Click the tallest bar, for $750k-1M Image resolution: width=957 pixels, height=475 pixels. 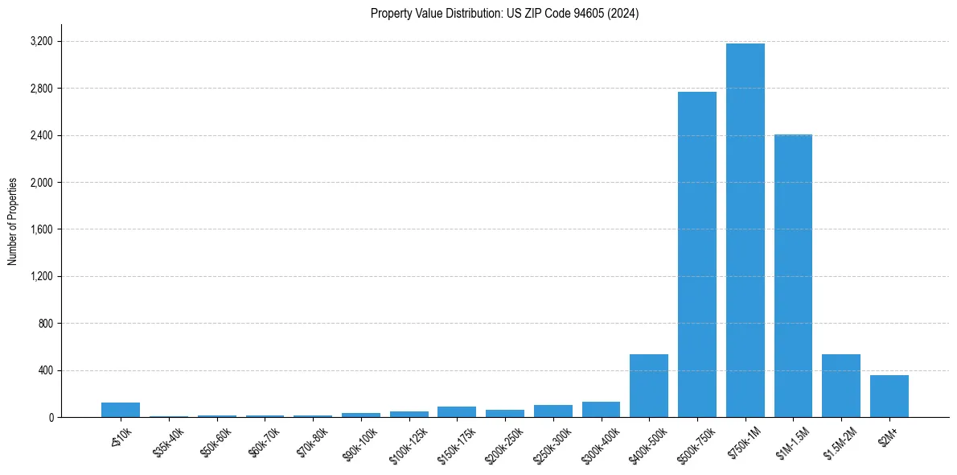coord(745,230)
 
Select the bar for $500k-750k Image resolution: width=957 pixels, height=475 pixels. coord(696,254)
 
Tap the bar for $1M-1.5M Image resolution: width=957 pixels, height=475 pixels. coord(793,276)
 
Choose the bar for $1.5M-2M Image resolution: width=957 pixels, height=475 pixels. coord(841,386)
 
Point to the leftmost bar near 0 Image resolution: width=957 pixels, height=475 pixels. coord(121,410)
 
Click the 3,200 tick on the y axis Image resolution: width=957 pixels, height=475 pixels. coord(41,41)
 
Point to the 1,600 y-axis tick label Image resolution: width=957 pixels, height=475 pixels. coord(41,229)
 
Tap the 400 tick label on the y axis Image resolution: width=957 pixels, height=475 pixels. coord(45,370)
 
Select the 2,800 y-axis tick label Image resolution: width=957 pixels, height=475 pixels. coord(41,89)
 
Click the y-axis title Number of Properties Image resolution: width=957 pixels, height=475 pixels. coord(13,221)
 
